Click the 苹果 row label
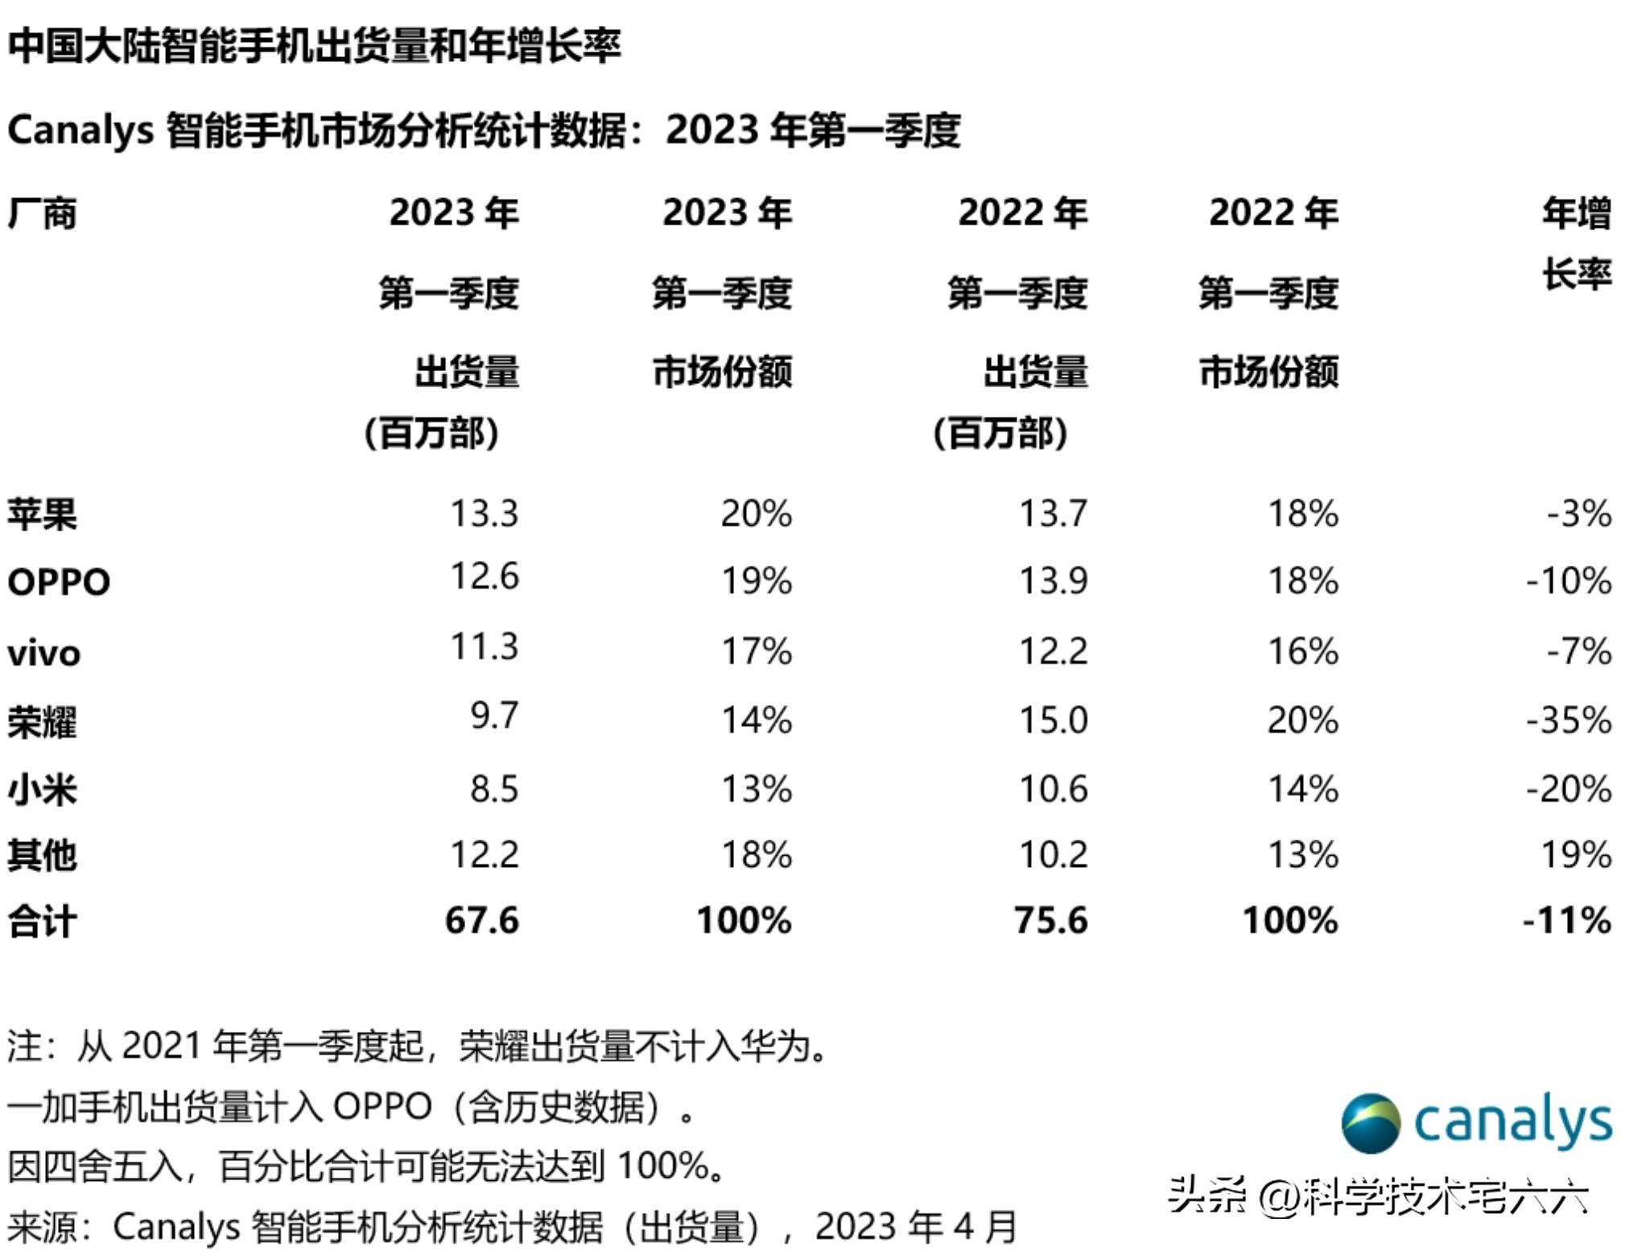[42, 514]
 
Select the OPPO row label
[59, 582]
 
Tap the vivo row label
[44, 653]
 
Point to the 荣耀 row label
[42, 721]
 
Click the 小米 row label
[42, 789]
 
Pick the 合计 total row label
[42, 921]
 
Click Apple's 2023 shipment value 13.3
[484, 514]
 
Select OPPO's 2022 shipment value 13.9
[1053, 580]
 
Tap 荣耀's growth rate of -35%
[1568, 720]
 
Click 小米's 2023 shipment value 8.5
[494, 789]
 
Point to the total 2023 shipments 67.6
[481, 920]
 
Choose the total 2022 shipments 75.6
[1050, 920]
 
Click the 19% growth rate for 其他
[1575, 855]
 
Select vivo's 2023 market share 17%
[756, 650]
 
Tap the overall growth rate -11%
[1566, 920]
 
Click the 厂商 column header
[42, 213]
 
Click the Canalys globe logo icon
[1370, 1122]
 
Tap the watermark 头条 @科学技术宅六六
[1378, 1196]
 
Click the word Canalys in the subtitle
[80, 130]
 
